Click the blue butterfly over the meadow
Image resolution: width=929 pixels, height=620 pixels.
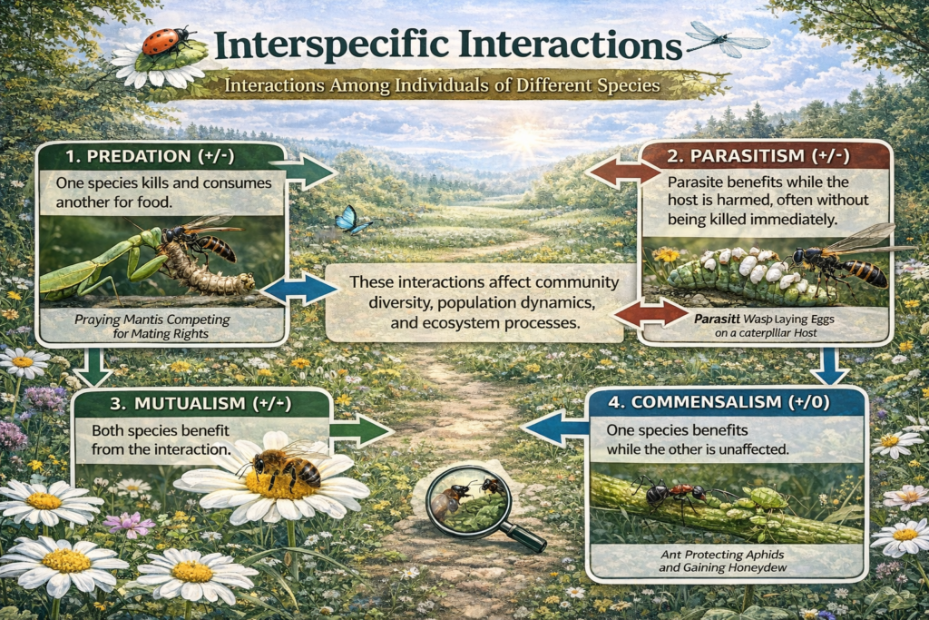pos(347,219)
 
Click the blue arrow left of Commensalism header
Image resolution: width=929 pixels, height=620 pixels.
pos(555,428)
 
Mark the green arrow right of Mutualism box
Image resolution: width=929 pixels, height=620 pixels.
pos(360,430)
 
